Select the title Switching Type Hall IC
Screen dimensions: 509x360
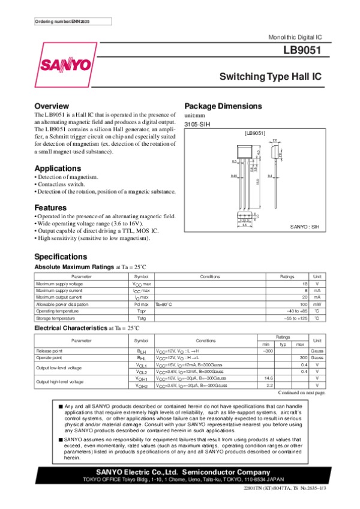tap(271, 77)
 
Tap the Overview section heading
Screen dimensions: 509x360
tap(52, 106)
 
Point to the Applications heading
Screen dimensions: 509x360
tap(58, 168)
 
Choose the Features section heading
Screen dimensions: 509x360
tap(50, 207)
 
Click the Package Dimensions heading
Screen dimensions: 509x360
tap(223, 106)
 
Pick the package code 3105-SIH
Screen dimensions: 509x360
tap(196, 124)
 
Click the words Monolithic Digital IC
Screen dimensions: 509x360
tap(296, 37)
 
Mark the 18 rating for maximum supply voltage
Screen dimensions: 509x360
tap(304, 283)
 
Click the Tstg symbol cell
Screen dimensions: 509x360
tap(142, 318)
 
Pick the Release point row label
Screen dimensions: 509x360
tap(49, 350)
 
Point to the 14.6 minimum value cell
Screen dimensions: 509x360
tap(265, 378)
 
